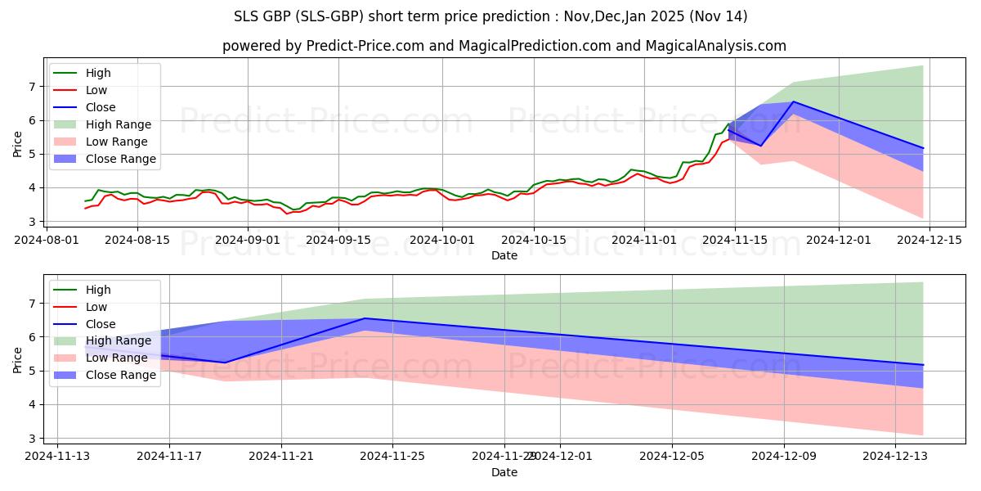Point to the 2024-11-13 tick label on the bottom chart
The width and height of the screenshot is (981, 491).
click(57, 457)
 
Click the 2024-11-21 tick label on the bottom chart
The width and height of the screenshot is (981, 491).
click(281, 457)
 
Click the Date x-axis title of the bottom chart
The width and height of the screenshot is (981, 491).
click(504, 472)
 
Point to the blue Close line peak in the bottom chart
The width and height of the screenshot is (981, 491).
click(365, 318)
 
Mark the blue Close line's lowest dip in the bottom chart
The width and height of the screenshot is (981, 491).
click(225, 363)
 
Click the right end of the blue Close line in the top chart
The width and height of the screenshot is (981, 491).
click(923, 148)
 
